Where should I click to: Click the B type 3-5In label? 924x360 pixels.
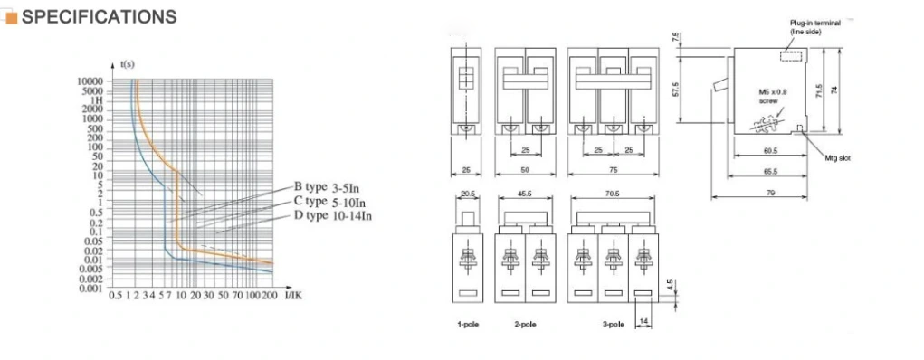330,188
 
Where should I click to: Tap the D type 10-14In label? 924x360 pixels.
332,215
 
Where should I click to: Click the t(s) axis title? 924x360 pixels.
128,63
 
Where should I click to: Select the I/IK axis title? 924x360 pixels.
293,296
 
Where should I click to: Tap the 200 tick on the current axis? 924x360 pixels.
269,296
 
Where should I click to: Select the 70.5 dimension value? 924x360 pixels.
611,193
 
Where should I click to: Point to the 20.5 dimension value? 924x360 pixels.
467,193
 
